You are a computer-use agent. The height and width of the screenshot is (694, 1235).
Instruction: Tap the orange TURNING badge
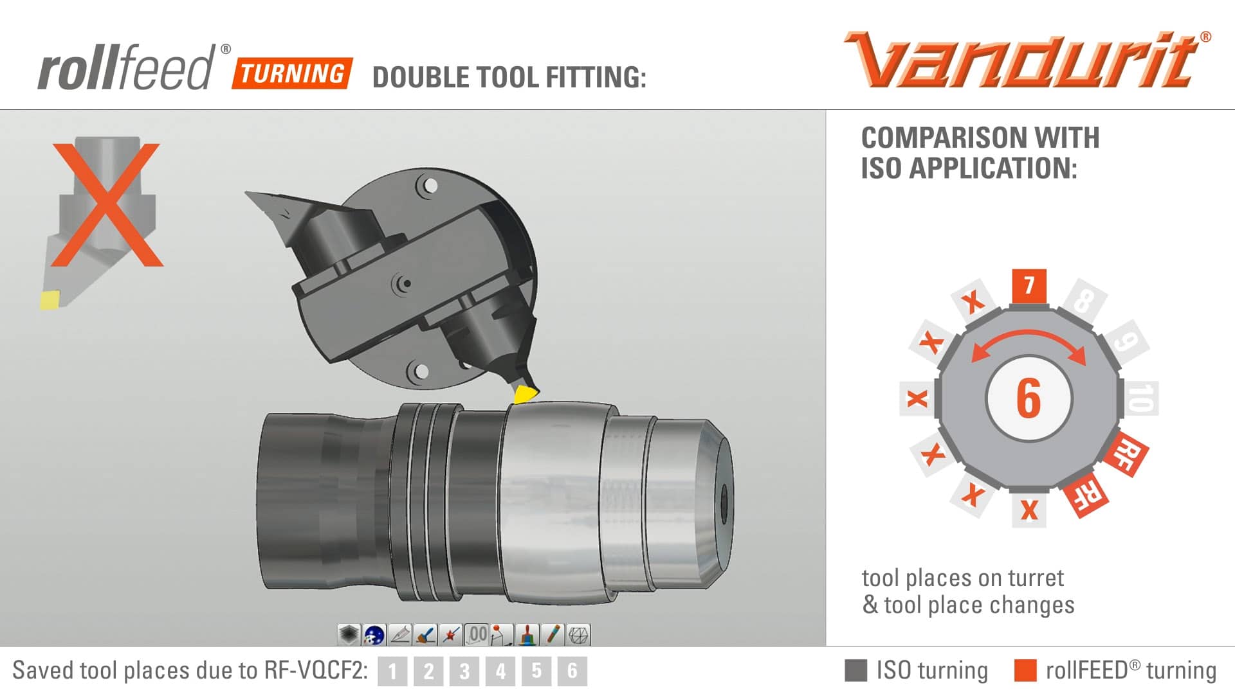tap(293, 73)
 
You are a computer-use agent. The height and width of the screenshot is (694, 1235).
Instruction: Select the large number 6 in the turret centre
tap(1029, 398)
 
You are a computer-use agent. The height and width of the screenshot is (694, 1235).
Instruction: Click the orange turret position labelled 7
tap(1029, 286)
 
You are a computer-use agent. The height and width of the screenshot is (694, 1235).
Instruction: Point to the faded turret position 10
tap(1140, 398)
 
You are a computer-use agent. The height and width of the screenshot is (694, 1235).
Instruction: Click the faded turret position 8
tap(1084, 300)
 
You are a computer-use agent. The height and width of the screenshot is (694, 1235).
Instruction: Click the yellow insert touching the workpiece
tap(526, 394)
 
